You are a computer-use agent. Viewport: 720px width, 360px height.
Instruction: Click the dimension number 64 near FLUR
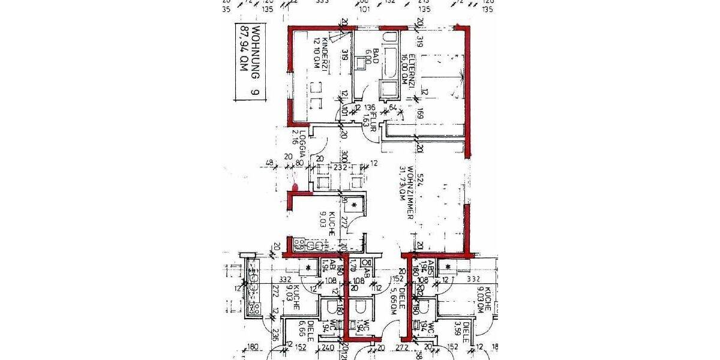(x=392, y=108)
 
